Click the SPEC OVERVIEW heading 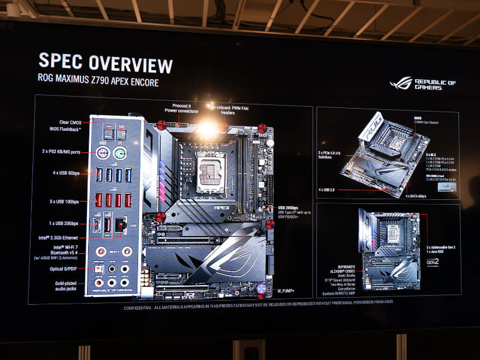click(106, 64)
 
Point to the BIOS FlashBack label click(66, 129)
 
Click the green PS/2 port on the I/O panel click(119, 154)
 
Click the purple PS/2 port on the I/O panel click(103, 153)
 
